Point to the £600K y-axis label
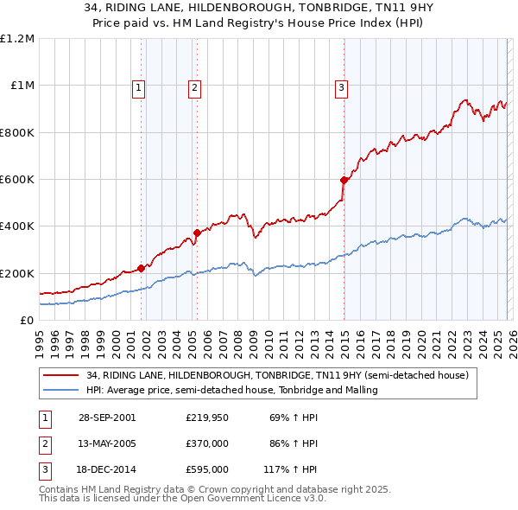pyautogui.click(x=16, y=180)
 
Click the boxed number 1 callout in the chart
pyautogui.click(x=139, y=86)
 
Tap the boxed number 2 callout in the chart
pyautogui.click(x=195, y=86)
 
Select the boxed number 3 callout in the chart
pyautogui.click(x=342, y=86)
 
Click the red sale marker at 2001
pyautogui.click(x=142, y=268)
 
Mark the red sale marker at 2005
pyautogui.click(x=197, y=233)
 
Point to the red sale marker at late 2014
pyautogui.click(x=344, y=180)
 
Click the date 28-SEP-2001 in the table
pyautogui.click(x=107, y=418)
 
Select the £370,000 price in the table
pyautogui.click(x=207, y=443)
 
